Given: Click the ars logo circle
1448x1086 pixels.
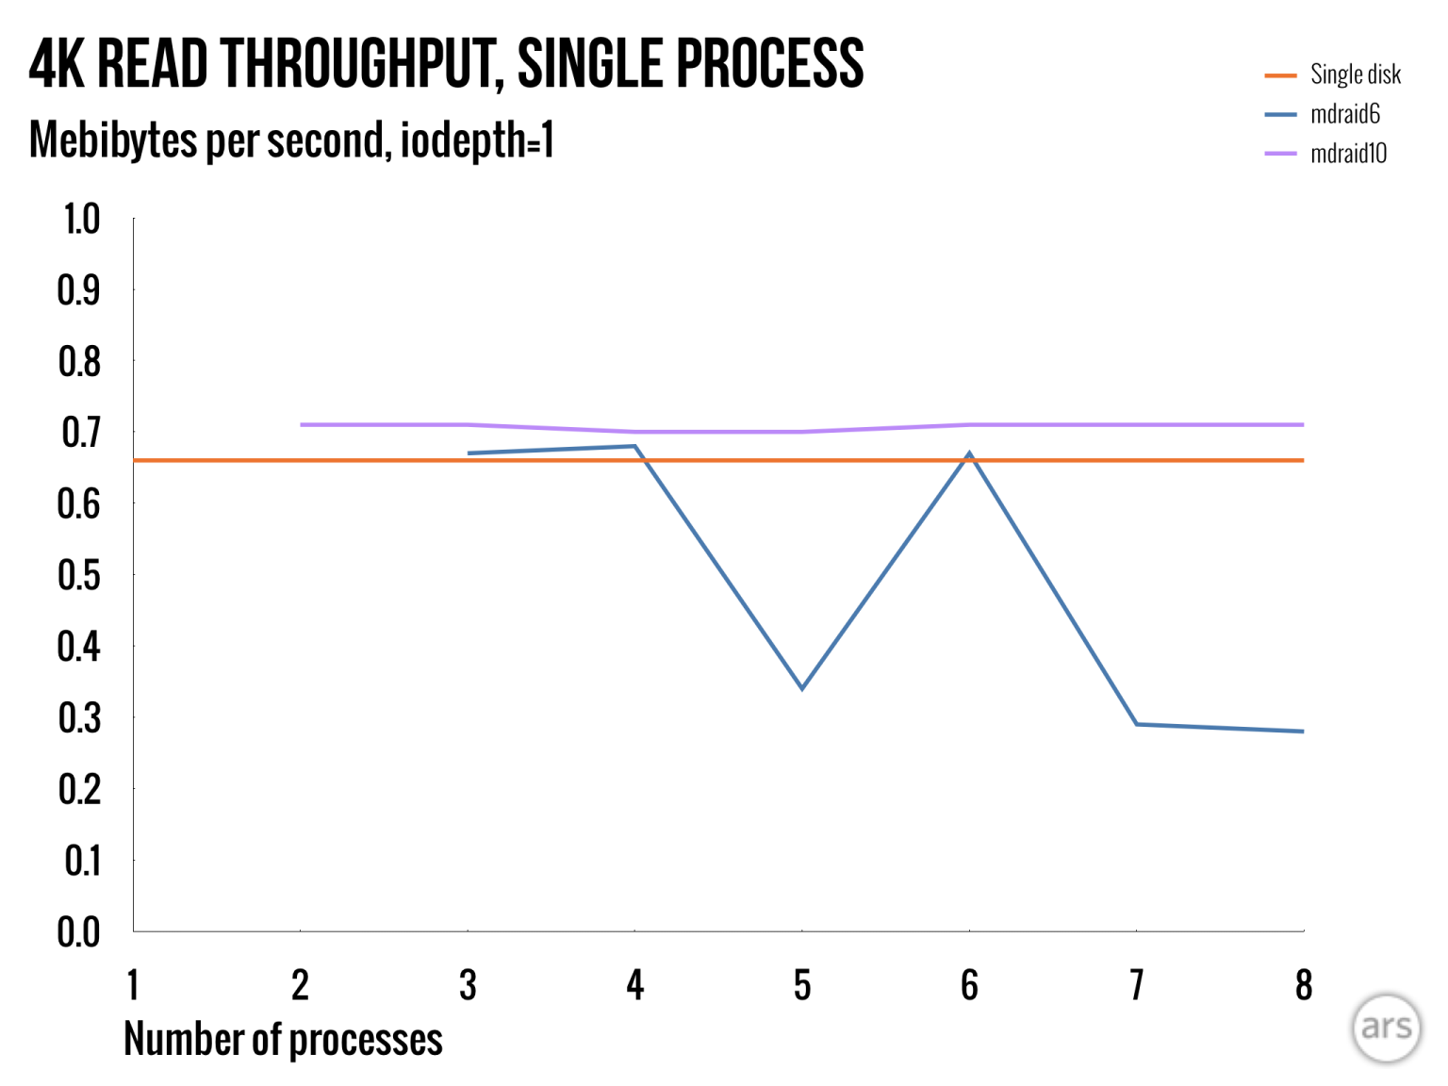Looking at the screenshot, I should [1386, 1027].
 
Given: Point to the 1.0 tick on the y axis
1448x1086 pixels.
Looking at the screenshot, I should [80, 220].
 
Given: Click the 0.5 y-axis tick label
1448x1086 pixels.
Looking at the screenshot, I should [79, 575].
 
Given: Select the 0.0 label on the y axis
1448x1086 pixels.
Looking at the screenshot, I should [79, 932].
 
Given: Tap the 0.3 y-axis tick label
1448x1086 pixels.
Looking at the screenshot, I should [79, 718].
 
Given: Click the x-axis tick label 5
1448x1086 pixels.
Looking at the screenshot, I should [802, 986].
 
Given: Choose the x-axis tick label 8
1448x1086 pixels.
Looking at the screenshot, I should [1304, 986].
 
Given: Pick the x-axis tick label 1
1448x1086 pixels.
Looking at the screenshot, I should [133, 986].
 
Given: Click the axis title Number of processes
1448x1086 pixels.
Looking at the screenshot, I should [283, 1040].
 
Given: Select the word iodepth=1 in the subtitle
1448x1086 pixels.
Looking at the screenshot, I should [477, 140].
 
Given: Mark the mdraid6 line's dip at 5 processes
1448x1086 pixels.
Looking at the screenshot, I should [802, 688].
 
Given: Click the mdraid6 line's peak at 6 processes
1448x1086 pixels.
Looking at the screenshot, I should [969, 454].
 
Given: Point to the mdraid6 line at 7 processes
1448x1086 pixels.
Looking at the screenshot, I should [1137, 724].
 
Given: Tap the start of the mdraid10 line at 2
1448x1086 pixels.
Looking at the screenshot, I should [302, 425].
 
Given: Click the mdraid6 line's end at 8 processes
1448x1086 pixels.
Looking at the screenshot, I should [1302, 731].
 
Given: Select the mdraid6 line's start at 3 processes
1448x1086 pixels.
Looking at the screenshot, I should [469, 453].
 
